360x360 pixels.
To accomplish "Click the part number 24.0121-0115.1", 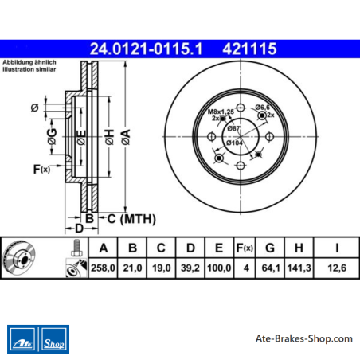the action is coord(146,49).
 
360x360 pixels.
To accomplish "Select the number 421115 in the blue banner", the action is coord(249,49).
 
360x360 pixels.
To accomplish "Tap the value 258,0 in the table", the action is coord(103,268).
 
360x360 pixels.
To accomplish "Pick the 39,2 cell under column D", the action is coord(190,268).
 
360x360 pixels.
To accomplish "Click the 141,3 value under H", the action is coord(299,268).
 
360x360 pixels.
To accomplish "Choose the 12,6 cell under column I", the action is coord(337,268).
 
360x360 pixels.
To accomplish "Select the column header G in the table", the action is coord(270,248).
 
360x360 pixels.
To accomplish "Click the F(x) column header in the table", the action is coord(245,248).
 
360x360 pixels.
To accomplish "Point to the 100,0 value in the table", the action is coord(219,268).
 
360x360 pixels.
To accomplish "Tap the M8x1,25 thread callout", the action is coord(221,112).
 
